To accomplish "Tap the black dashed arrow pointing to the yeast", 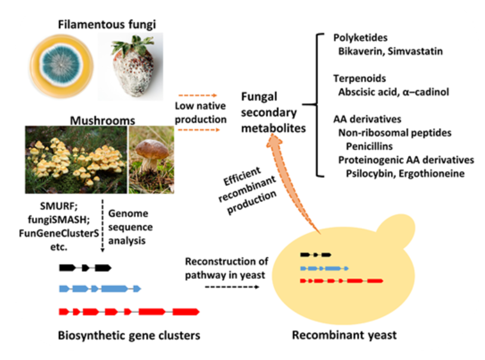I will [232, 287].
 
